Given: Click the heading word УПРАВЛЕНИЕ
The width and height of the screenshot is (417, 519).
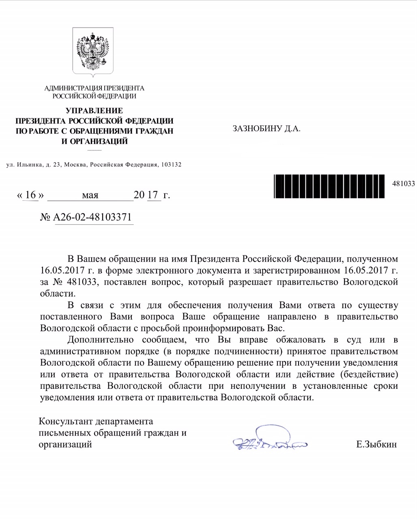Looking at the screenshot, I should (x=95, y=111).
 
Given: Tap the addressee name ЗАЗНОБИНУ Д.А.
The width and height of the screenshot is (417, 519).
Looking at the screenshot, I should (x=266, y=129).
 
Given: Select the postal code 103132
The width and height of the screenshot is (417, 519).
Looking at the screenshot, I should (x=171, y=165).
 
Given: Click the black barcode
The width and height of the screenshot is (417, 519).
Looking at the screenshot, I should (x=329, y=186).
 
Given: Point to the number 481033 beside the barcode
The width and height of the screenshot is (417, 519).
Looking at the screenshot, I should (x=403, y=184).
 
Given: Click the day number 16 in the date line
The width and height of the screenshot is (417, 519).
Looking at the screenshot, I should (x=30, y=195).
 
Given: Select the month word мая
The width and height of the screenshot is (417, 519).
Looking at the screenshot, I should (x=90, y=195).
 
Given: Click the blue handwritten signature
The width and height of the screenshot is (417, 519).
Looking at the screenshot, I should (x=268, y=440).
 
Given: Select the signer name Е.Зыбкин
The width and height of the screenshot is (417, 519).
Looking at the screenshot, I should (x=376, y=444).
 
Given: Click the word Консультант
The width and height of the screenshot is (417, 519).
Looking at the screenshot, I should (x=64, y=421).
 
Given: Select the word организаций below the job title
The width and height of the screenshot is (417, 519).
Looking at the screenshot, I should (x=65, y=444).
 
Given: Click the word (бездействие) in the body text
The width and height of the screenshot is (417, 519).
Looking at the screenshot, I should (x=369, y=374).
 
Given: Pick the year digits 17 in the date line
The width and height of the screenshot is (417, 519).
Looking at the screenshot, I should (x=153, y=195).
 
